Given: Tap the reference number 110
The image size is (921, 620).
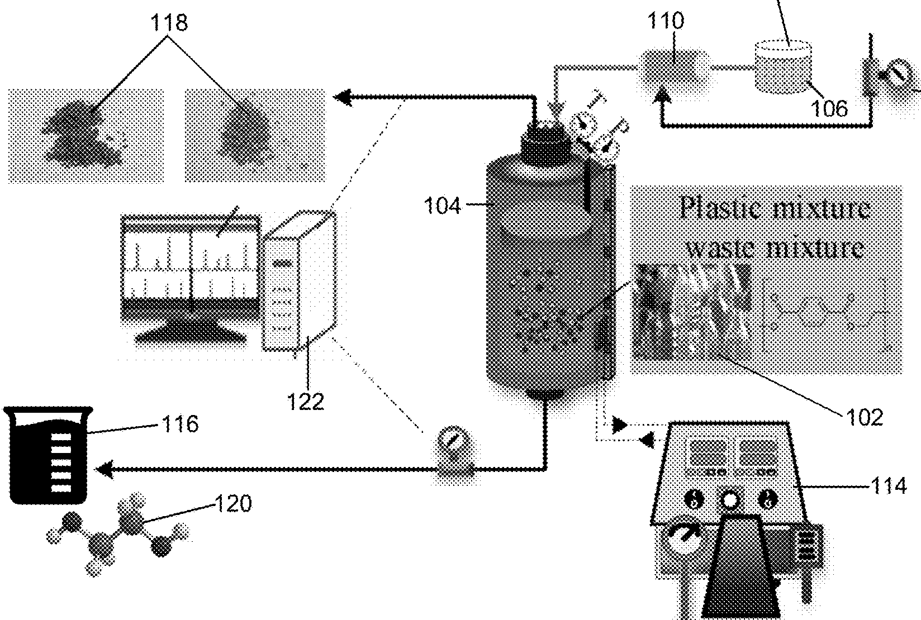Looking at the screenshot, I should point(665,21).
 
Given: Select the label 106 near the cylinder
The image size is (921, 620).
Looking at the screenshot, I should point(829,108).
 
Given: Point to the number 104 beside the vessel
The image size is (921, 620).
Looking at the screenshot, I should point(443,206).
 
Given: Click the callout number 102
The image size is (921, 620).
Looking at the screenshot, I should point(865,417).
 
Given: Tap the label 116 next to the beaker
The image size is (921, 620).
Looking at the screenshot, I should point(180,424).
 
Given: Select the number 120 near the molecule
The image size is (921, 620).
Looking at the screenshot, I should point(234,504).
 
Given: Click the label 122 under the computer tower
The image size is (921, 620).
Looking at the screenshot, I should point(306,401).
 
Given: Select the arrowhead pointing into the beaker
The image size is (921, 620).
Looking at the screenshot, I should point(105,470).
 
